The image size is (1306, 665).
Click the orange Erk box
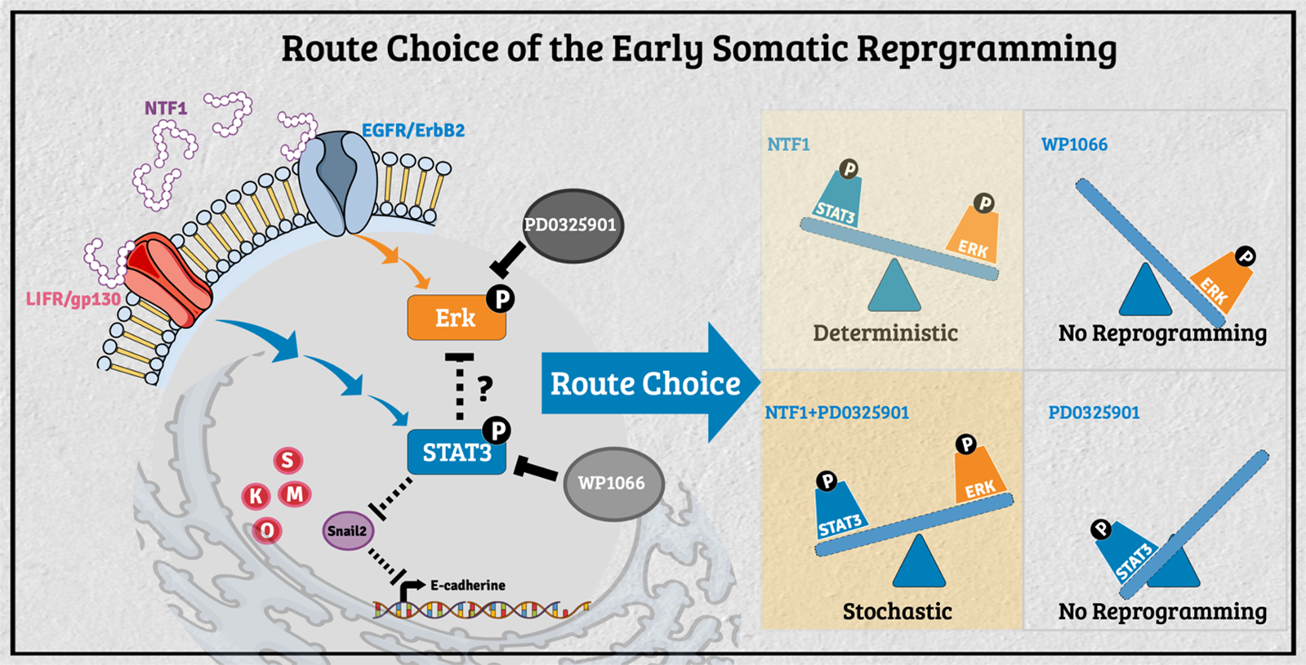[456, 318]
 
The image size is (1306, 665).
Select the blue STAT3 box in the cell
[456, 452]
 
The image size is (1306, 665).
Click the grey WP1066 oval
[612, 483]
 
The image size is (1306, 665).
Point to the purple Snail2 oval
[347, 531]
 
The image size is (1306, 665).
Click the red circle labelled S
[287, 461]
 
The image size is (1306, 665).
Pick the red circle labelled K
[256, 495]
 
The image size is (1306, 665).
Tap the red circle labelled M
[295, 493]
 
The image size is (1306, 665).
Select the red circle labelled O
[266, 531]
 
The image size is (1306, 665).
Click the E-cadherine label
[467, 585]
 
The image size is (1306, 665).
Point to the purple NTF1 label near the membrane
[166, 108]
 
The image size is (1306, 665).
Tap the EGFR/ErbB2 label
[412, 131]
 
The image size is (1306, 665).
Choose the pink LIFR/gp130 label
[74, 299]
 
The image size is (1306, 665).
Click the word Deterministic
[885, 333]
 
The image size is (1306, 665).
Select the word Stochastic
[897, 611]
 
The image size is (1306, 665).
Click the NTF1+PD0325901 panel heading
[836, 413]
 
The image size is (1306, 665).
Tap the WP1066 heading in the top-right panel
[1074, 145]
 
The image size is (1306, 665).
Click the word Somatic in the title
[780, 49]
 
